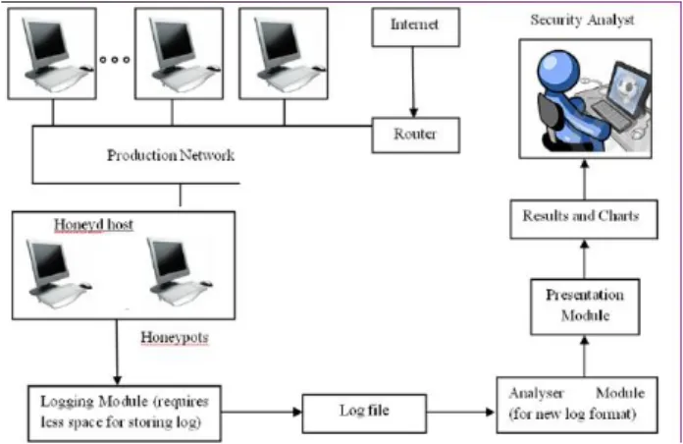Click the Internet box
point(415,27)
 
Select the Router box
point(415,135)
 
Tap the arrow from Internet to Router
point(413,82)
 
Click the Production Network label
point(171,155)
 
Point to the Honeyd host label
point(93,225)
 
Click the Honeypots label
point(175,337)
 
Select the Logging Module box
point(125,413)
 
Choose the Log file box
point(364,413)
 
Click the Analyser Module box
point(577,405)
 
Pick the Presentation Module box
point(585,306)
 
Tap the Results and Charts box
point(584,219)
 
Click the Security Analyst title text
point(582,20)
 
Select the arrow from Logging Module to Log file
point(262,412)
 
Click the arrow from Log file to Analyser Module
point(461,412)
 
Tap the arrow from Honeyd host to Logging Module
point(117,352)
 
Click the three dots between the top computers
point(115,59)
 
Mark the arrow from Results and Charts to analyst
point(585,179)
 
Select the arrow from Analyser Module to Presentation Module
point(585,356)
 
